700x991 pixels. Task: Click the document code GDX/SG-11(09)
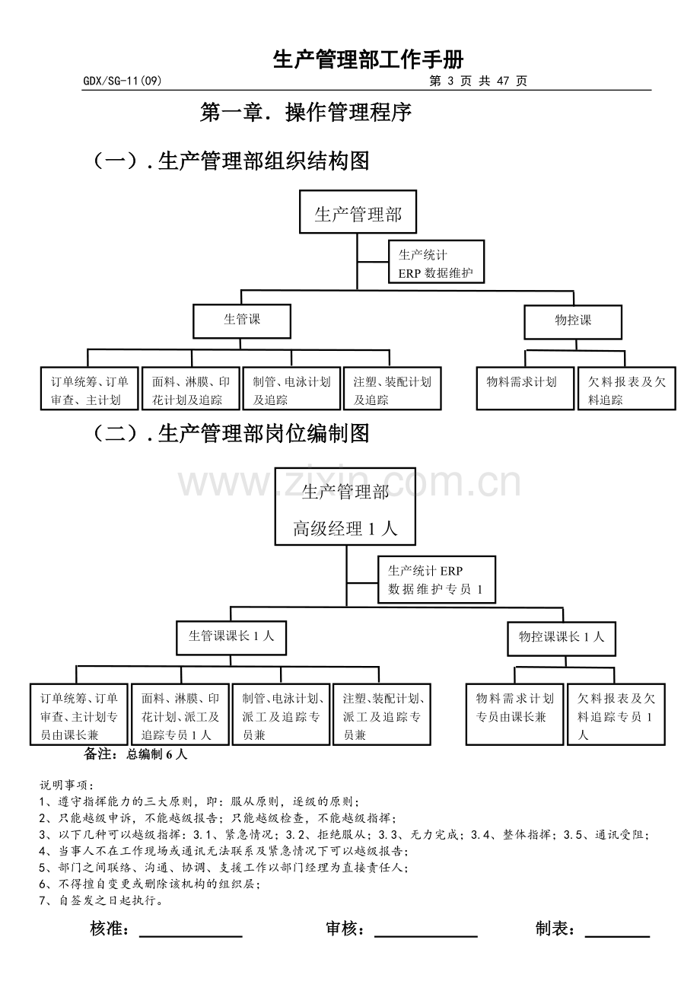[x=122, y=81]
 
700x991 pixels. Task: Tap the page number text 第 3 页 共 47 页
[x=478, y=81]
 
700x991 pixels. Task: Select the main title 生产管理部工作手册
[x=368, y=59]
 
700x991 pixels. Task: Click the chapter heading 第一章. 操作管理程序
[x=306, y=113]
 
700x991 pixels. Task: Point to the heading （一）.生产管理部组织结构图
[x=231, y=161]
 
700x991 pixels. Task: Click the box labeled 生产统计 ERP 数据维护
[x=437, y=262]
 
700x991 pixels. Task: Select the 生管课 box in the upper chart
[x=242, y=322]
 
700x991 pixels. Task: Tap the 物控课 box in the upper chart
[x=573, y=323]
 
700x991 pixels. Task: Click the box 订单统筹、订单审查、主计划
[x=90, y=388]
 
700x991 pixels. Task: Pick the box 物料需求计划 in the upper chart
[x=525, y=388]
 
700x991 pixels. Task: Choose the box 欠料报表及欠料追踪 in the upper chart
[x=627, y=388]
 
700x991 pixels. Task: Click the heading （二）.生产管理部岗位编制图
[x=231, y=433]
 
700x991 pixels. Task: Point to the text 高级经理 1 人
[x=345, y=529]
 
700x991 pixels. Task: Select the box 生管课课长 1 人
[x=231, y=638]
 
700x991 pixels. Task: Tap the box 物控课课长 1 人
[x=562, y=639]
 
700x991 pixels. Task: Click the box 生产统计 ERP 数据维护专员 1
[x=437, y=580]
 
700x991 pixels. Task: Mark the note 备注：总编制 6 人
[x=135, y=754]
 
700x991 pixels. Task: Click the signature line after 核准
[x=191, y=937]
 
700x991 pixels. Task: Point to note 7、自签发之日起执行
[x=101, y=900]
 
